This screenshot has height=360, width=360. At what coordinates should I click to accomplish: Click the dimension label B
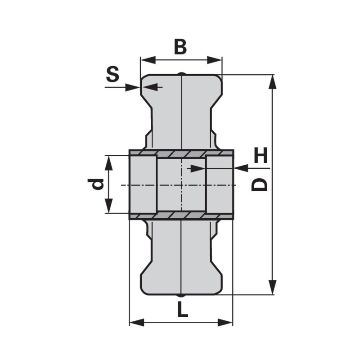click(180, 46)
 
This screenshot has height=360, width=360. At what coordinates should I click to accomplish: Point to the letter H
click(261, 156)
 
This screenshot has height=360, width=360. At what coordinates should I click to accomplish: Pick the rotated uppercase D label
click(260, 184)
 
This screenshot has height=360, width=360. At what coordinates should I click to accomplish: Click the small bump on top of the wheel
click(181, 73)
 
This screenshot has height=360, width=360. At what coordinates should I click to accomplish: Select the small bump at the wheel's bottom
click(181, 296)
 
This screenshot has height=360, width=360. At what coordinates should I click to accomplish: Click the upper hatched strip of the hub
click(181, 153)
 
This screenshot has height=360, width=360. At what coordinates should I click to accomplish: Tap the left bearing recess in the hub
click(143, 184)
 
